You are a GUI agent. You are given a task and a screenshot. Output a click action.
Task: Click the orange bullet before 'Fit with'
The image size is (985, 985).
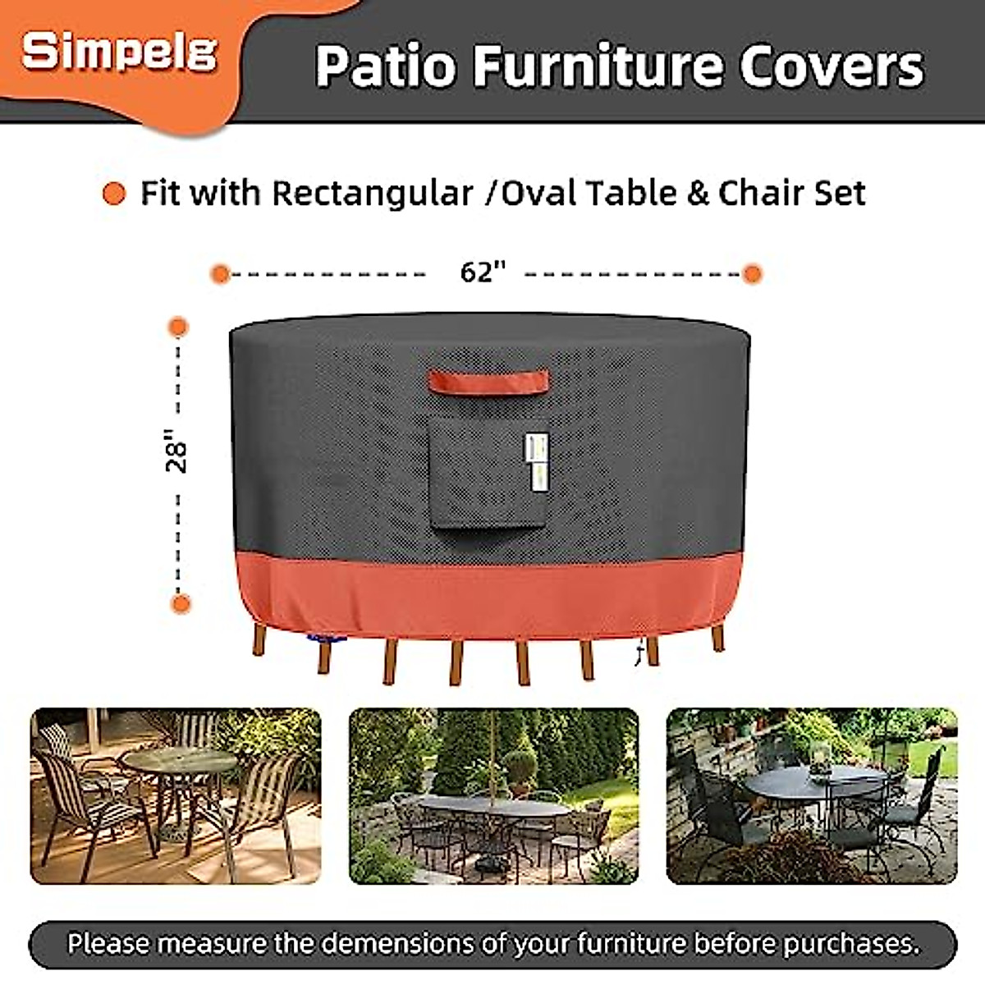pos(114,195)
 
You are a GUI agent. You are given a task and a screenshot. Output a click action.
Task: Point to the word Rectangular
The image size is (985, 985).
pos(373,194)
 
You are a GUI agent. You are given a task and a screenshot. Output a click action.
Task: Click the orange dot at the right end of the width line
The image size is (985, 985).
pos(753,273)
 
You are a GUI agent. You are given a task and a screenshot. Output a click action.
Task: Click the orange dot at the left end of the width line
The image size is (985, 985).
pos(219,273)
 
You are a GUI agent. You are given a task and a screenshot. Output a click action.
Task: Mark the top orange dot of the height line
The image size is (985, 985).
pos(178,328)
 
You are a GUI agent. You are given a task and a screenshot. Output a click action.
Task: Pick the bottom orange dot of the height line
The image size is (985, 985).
pos(181,604)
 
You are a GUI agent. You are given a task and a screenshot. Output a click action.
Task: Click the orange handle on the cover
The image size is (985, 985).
pos(488,381)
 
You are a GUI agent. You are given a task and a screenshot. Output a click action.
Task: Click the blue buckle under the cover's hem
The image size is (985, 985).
pos(337,638)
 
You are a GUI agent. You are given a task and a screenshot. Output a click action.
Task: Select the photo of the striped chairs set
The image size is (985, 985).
pos(176,795)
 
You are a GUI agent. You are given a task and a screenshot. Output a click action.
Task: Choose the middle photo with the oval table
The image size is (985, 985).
pos(493,795)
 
